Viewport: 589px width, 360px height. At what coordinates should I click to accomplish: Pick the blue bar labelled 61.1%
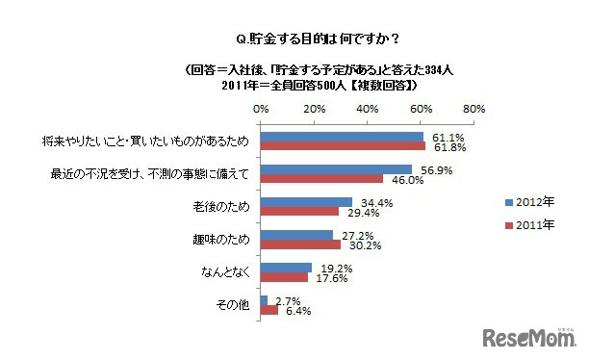coord(341,136)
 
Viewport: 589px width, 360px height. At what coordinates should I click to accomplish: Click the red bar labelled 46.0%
coord(320,179)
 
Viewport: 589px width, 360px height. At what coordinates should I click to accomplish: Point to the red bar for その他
coord(269,310)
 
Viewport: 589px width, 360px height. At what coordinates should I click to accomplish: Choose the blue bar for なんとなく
coord(285,267)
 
